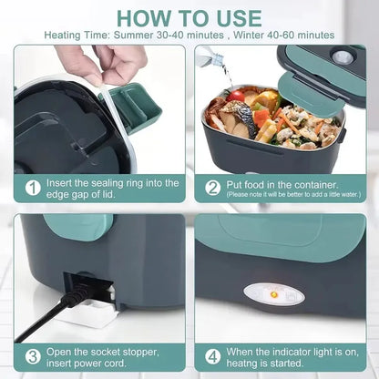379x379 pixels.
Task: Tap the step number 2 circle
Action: [x=212, y=188]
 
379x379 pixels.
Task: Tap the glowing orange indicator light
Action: [x=271, y=318]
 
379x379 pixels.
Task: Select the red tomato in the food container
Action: [x=237, y=95]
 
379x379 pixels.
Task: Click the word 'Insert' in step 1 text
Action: [x=65, y=181]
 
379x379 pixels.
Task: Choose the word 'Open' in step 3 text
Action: [x=65, y=351]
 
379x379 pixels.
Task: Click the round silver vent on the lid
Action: [x=343, y=56]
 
